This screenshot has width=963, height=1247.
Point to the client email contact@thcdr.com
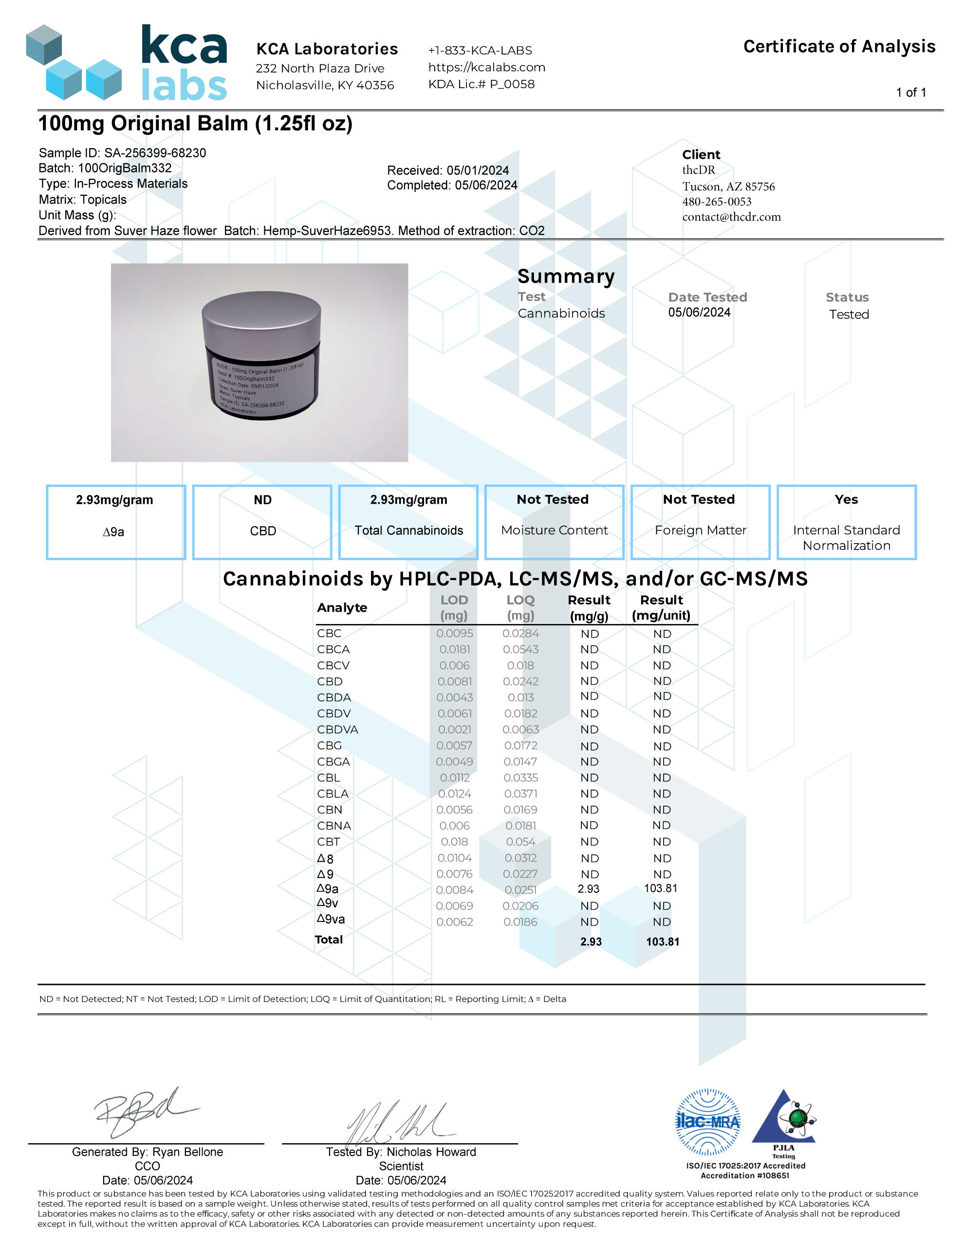click(x=731, y=217)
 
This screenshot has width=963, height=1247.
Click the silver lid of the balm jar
click(x=261, y=319)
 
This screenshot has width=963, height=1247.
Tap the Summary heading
click(x=566, y=276)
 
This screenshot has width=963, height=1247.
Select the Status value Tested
click(x=849, y=315)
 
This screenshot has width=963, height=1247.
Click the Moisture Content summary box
click(x=554, y=522)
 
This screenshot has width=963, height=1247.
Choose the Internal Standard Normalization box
click(x=846, y=522)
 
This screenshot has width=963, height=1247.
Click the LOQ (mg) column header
click(x=520, y=607)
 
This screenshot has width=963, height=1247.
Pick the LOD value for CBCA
click(x=454, y=649)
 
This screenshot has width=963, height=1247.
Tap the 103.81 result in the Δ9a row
click(x=661, y=888)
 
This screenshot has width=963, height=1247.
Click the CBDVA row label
click(x=337, y=730)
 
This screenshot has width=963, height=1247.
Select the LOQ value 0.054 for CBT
click(x=520, y=842)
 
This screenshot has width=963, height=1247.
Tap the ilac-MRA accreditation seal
click(x=707, y=1122)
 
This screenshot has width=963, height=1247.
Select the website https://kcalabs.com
click(x=486, y=67)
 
